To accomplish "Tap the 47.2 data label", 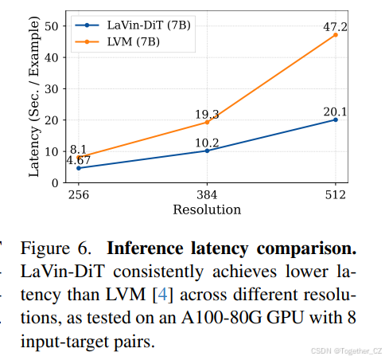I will click(x=335, y=26).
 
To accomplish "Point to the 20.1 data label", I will click(x=335, y=111).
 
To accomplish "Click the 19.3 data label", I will click(x=207, y=114).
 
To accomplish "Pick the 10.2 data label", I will click(x=207, y=142).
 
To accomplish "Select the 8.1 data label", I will click(x=78, y=148).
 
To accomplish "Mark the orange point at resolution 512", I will click(x=335, y=35).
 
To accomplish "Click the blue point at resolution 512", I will click(x=335, y=119).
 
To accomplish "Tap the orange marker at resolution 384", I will click(x=207, y=122).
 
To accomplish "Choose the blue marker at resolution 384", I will click(x=207, y=151).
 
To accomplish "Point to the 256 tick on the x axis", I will click(x=78, y=195).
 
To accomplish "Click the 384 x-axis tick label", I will click(x=207, y=195).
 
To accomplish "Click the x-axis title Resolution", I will click(x=207, y=209).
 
